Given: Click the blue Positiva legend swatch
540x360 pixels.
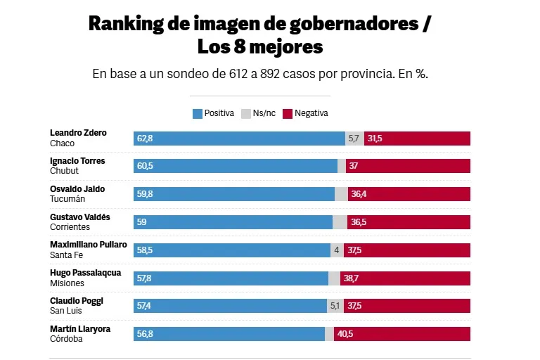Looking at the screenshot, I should point(198,113).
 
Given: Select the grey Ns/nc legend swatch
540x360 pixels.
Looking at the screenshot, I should point(246,113).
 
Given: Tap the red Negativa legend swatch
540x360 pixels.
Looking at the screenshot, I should point(288,113).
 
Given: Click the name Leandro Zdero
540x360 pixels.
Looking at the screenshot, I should point(78,133).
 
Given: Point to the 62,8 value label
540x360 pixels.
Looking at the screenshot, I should point(145,139).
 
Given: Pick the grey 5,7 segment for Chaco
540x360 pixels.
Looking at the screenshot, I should point(354,139).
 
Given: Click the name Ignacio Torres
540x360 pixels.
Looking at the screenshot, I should point(77,161).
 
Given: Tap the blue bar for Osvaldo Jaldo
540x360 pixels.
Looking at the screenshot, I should point(234,194).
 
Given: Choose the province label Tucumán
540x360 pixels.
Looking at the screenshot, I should point(67,199).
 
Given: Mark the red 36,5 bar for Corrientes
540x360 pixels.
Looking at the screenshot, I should point(409,222).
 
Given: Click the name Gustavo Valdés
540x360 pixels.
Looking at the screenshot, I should point(80,217).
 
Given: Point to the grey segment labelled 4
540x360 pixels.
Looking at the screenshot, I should point(337,250).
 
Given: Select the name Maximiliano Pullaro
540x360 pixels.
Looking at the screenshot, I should point(89,245).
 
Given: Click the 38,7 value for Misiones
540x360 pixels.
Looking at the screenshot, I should point(350,278).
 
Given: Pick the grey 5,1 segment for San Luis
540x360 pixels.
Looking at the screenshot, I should point(336,307).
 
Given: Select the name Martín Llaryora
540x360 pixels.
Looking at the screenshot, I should point(80,329).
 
